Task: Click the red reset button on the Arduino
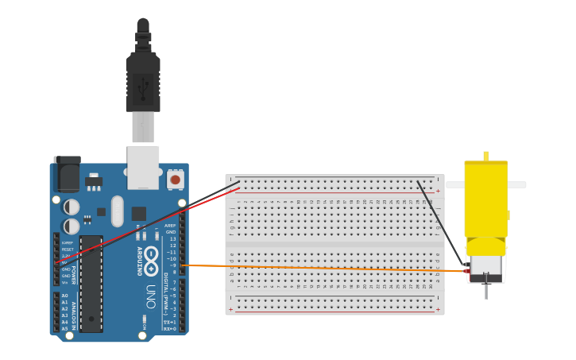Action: click(x=175, y=180)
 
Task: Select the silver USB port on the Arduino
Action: click(x=143, y=167)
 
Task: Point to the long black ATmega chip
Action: click(x=91, y=283)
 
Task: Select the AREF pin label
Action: click(x=170, y=226)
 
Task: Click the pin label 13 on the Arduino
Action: click(x=173, y=238)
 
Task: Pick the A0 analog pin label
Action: click(x=65, y=296)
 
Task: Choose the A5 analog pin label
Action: click(x=65, y=327)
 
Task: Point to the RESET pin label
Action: click(x=67, y=250)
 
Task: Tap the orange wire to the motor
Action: click(x=318, y=268)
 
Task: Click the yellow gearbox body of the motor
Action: click(x=485, y=199)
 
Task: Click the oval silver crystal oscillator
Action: click(x=118, y=211)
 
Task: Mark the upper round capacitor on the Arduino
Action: click(x=72, y=207)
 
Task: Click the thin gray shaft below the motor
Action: click(x=485, y=291)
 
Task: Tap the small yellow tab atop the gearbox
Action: click(x=485, y=156)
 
